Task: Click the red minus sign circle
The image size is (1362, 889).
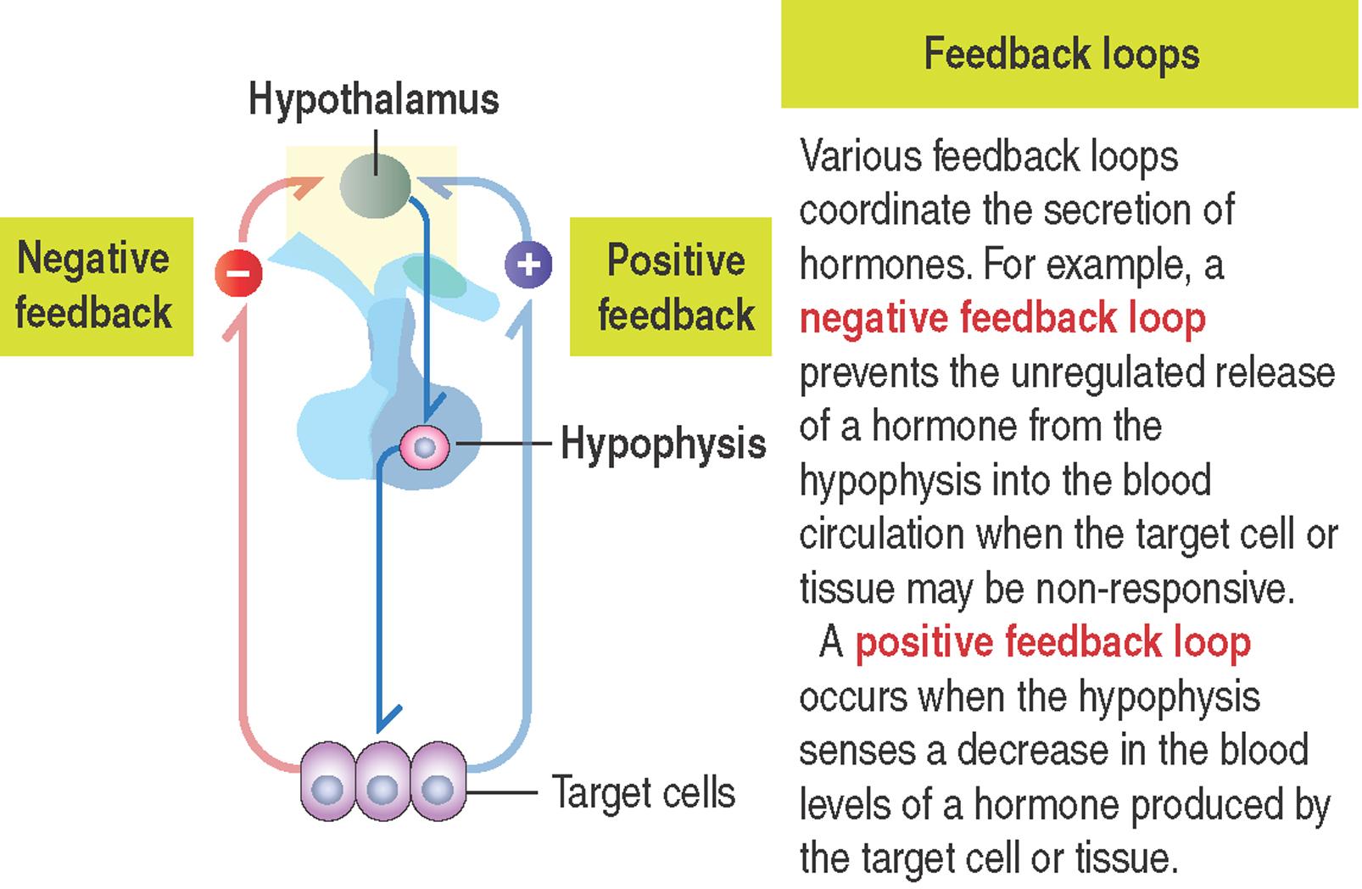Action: tap(238, 272)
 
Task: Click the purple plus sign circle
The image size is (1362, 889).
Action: tap(528, 265)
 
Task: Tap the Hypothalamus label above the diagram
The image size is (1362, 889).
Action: tap(374, 99)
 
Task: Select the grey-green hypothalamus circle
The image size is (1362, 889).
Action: tap(375, 186)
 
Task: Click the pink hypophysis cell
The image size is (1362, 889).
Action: tap(424, 448)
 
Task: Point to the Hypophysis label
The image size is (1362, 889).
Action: tap(663, 444)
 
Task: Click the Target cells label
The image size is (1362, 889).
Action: tap(644, 792)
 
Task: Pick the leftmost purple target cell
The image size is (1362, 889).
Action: tap(328, 781)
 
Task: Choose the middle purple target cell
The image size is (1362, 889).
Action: tap(382, 781)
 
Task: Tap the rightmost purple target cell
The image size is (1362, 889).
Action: tap(438, 781)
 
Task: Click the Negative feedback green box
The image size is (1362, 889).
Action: tap(97, 287)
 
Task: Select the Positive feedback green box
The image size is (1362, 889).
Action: tap(671, 287)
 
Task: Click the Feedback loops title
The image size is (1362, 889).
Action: tap(1062, 54)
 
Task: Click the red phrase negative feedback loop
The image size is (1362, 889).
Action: tap(1002, 319)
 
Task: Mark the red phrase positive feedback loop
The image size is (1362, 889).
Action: tap(1053, 642)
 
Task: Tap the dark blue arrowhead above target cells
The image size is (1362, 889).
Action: tap(387, 718)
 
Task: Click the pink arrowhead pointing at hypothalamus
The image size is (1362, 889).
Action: tap(306, 186)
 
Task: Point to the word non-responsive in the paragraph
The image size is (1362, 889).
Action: tap(1165, 588)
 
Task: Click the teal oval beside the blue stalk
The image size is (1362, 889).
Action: tap(434, 277)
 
